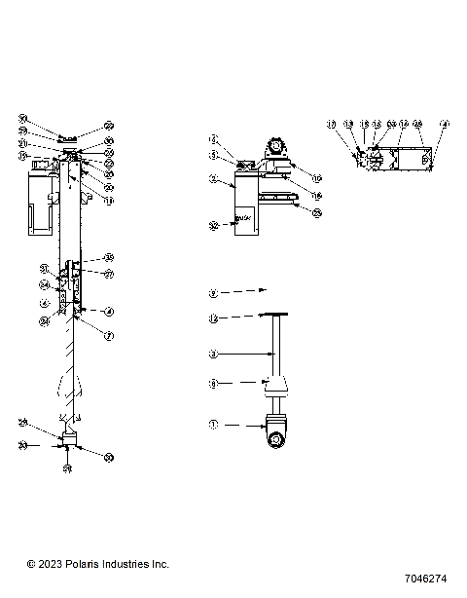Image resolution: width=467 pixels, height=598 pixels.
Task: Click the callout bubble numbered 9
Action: click(213, 291)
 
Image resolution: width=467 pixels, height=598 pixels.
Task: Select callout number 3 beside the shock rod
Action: click(213, 353)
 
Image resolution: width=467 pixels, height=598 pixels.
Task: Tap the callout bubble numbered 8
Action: click(213, 384)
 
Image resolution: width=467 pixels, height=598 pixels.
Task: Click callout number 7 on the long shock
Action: click(109, 335)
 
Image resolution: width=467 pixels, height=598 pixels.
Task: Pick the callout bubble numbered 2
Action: click(213, 180)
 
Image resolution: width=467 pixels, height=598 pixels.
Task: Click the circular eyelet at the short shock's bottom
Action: click(276, 440)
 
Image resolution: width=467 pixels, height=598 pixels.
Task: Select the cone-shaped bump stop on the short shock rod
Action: click(276, 386)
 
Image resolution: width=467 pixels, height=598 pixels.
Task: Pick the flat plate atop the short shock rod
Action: click(276, 316)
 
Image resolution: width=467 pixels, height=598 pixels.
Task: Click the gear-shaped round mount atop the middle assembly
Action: click(275, 148)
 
